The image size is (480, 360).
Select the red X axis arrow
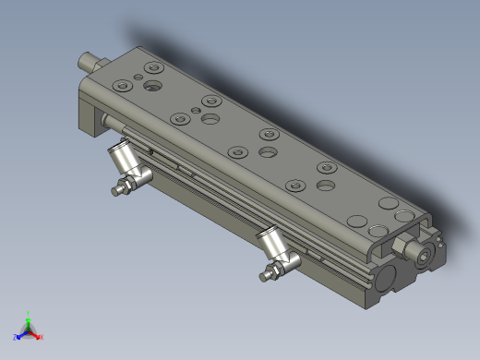tap(37, 335)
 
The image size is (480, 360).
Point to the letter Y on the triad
tap(30, 312)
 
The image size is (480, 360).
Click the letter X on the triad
tap(42, 338)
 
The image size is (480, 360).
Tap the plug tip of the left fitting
tap(115, 191)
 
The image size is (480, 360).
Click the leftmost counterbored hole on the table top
tap(123, 86)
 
